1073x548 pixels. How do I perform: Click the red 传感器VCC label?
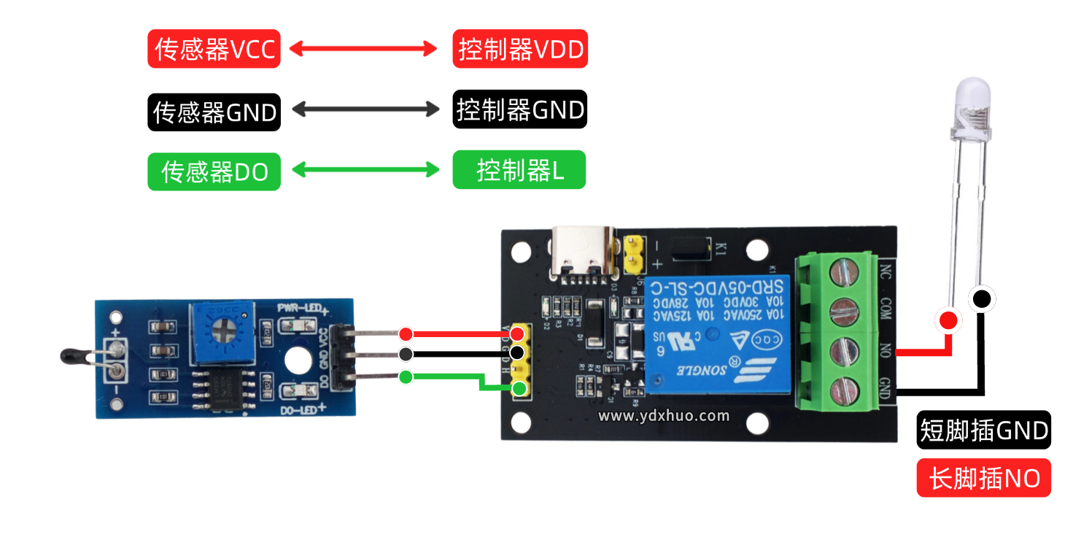(214, 49)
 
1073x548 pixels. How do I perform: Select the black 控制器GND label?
(519, 109)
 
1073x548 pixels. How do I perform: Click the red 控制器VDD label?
(519, 49)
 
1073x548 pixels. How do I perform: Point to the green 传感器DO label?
(214, 172)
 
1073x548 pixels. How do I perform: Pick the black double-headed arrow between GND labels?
(365, 110)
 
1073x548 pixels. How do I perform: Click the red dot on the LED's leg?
(948, 320)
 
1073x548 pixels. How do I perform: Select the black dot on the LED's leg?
(982, 298)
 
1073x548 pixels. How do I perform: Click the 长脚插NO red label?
(983, 479)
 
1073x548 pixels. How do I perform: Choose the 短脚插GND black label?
(983, 431)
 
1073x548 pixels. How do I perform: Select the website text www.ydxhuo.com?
(664, 416)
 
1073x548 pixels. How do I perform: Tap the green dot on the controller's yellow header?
(519, 388)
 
